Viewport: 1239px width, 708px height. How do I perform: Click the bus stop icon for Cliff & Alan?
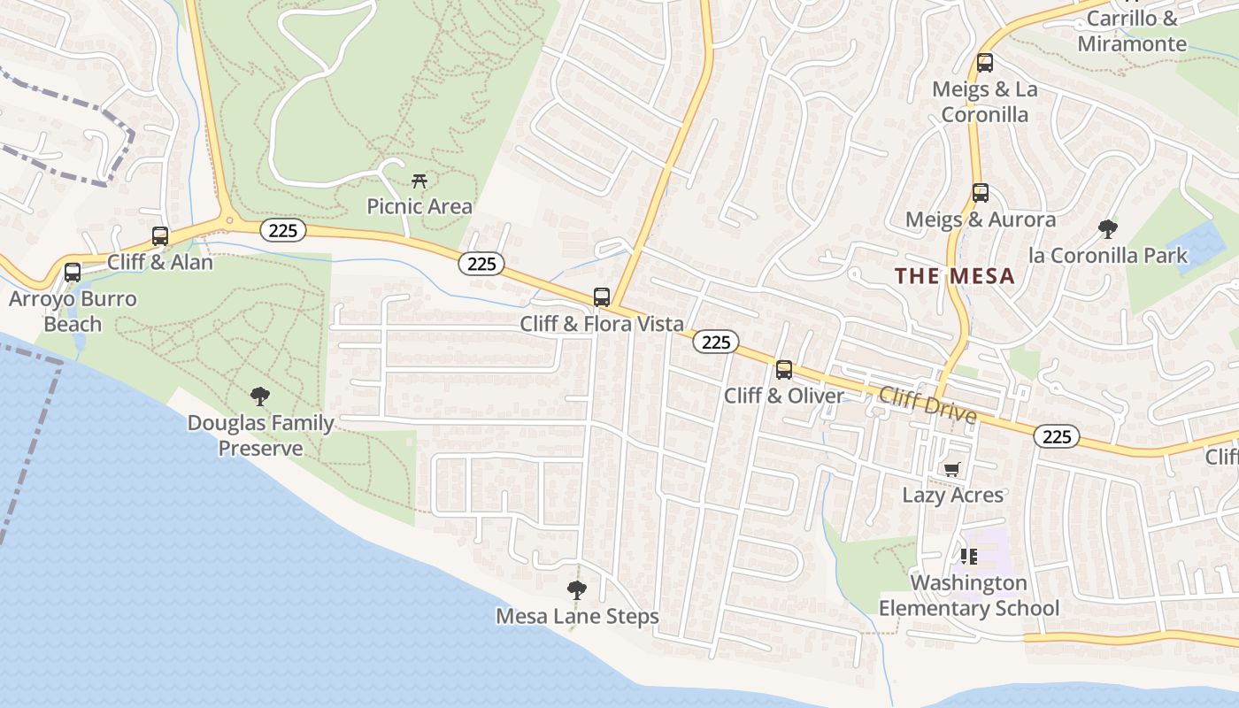160,236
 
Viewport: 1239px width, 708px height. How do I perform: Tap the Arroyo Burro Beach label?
73,312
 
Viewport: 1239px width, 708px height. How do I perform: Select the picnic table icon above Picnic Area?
419,181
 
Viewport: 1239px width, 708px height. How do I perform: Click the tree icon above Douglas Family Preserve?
259,396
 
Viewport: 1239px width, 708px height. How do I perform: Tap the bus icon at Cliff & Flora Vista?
602,297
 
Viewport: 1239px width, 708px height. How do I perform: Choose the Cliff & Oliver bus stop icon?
784,370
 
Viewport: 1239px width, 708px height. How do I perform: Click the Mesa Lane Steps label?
577,617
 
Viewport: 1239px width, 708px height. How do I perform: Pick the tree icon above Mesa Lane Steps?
577,589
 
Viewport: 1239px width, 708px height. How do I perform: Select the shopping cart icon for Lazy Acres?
952,469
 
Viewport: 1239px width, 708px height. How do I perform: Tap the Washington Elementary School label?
968,596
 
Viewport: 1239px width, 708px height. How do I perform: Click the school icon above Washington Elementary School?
968,557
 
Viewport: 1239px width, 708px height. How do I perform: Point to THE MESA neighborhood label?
954,276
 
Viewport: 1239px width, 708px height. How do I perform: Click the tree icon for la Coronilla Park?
1107,229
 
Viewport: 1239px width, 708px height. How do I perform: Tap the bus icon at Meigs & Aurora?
981,193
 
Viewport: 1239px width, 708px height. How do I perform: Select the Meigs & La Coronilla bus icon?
985,63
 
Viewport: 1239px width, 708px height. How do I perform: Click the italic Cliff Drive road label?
927,405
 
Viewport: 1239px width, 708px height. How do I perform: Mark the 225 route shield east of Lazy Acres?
1057,436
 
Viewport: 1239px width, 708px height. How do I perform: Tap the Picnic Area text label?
419,207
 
